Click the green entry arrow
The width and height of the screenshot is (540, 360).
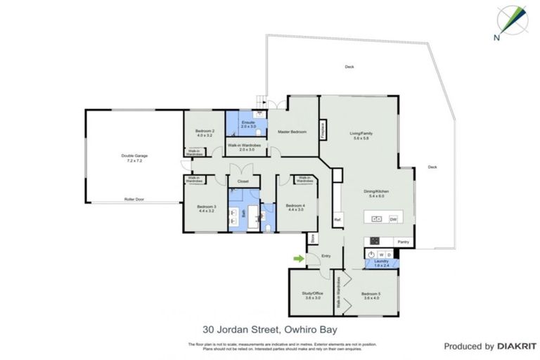click(299, 259)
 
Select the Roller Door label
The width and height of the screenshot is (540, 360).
click(134, 199)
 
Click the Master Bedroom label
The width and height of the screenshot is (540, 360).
click(292, 131)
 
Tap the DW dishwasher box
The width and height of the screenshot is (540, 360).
click(393, 219)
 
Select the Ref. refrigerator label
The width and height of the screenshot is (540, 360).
click(337, 219)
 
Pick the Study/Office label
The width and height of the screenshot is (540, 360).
click(312, 295)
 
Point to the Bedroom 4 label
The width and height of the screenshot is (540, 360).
click(295, 206)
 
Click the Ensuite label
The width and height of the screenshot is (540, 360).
click(247, 123)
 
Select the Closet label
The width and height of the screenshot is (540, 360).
click(243, 181)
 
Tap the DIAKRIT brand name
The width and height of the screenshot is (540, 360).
click(517, 346)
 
